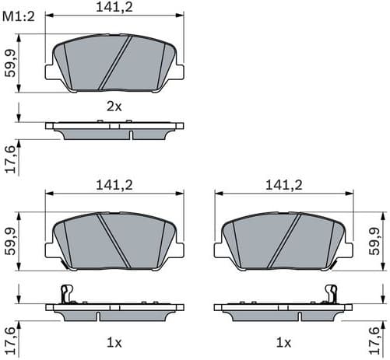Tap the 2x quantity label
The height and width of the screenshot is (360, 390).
(114, 107)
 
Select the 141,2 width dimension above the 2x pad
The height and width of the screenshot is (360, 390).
(114, 8)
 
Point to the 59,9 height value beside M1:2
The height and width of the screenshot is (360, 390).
(9, 61)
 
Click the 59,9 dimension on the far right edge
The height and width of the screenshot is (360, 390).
(381, 242)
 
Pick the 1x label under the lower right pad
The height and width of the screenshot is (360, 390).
(283, 342)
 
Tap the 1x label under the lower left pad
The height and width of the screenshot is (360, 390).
(114, 342)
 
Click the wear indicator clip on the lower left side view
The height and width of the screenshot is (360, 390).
(67, 295)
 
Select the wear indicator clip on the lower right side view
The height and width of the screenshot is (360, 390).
(332, 295)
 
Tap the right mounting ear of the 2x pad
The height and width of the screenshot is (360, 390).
(178, 72)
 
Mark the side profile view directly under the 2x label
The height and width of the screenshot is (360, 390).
(114, 129)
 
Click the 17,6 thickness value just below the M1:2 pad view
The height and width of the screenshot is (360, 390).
(9, 159)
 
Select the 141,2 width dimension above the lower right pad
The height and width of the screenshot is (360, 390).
(283, 185)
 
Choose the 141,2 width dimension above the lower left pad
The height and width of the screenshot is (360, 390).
(114, 185)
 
